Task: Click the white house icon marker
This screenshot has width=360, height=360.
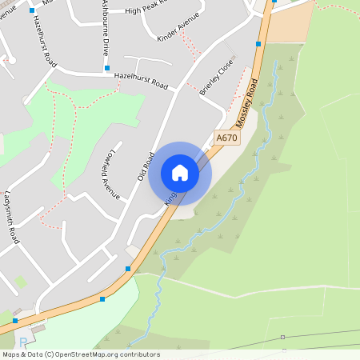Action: [x=180, y=173]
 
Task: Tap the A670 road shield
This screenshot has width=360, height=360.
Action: [x=227, y=138]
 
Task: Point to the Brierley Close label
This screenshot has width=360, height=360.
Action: [x=217, y=77]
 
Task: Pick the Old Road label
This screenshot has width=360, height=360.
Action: [x=145, y=165]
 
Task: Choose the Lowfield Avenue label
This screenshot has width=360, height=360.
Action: [x=110, y=174]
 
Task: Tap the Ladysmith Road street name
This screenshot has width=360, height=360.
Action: [x=12, y=218]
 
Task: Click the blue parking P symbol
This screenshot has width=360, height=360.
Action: [x=22, y=342]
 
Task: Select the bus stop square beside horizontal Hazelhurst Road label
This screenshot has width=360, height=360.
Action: [x=107, y=69]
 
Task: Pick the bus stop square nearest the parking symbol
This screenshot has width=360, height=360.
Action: [x=15, y=320]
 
